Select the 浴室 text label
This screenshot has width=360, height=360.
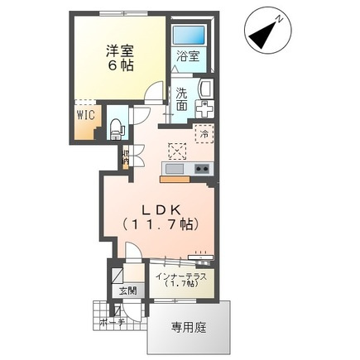click(x=188, y=56)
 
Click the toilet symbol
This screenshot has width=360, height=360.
click(x=117, y=127)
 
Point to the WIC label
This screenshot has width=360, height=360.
click(x=86, y=116)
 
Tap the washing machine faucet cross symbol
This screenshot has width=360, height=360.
click(x=207, y=108)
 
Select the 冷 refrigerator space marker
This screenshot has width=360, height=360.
click(x=202, y=133)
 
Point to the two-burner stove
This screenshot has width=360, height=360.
click(x=202, y=169)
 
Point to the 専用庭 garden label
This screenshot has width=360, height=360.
click(x=189, y=328)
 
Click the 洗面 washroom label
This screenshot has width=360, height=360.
click(x=181, y=98)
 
